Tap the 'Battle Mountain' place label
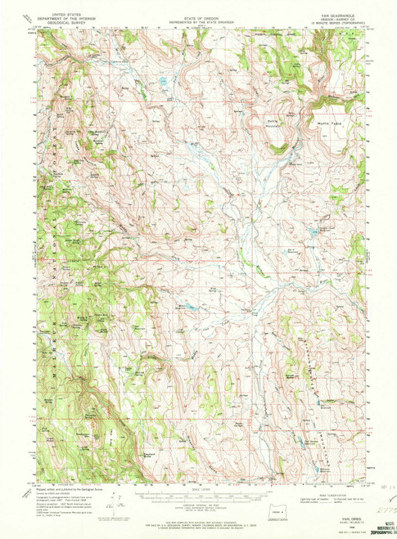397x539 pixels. (274, 121)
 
